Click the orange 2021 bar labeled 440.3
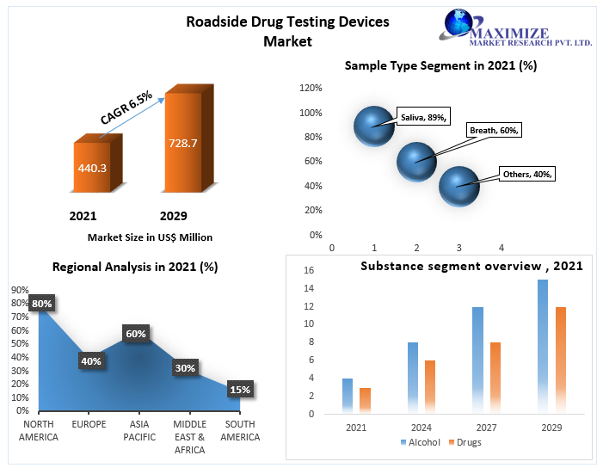pos(92,168)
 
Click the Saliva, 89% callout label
pos(423,118)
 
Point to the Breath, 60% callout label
pos(494,131)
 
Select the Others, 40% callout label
pos(527,174)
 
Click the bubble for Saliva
pos(373,126)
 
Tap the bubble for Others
pos(458,186)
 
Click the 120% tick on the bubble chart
pos(311,88)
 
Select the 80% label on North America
pos(42,304)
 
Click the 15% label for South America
pos(240,390)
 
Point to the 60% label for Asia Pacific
pos(136,333)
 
